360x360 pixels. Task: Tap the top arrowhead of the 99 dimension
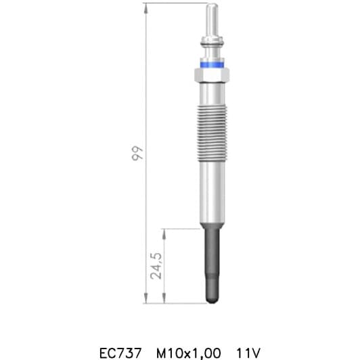coord(145,7)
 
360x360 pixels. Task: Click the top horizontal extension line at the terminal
coord(176,3)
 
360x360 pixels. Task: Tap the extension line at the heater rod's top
coord(183,228)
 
